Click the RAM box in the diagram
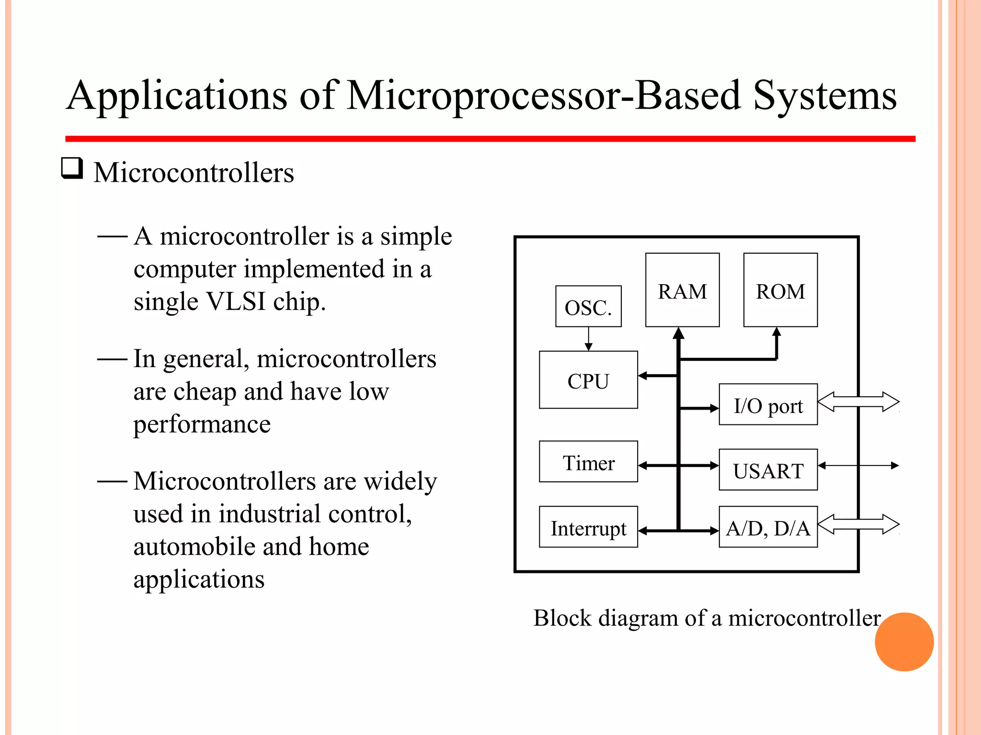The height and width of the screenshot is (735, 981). tap(682, 290)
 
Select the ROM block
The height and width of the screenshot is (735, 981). tap(780, 290)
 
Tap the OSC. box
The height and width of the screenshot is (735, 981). tap(588, 307)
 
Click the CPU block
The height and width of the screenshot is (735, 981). tap(588, 380)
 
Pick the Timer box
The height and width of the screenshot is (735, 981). tap(588, 462)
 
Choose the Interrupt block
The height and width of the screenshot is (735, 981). tap(588, 527)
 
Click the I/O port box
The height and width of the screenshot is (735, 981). tap(768, 404)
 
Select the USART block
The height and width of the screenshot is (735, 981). tap(768, 469)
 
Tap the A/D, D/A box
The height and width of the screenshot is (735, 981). tap(768, 527)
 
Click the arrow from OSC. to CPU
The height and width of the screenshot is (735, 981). tap(589, 339)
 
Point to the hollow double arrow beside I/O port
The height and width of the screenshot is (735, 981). tap(858, 402)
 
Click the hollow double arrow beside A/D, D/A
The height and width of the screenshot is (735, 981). tap(858, 524)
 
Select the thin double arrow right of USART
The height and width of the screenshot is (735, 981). tap(858, 465)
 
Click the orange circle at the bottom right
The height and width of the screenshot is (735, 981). tap(904, 642)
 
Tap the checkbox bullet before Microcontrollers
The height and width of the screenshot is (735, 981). tap(72, 168)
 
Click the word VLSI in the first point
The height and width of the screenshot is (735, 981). tap(235, 301)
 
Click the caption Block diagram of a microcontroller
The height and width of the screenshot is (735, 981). tap(707, 618)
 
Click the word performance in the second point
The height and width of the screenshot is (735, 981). tap(202, 424)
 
